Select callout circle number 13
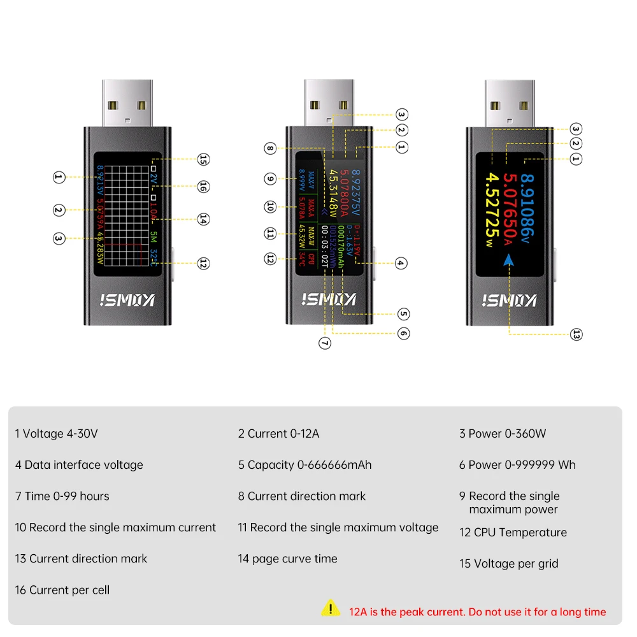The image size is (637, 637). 576,334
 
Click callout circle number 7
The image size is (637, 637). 325,343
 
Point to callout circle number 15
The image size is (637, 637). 203,159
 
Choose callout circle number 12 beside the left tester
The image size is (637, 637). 203,263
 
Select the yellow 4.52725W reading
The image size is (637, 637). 491,210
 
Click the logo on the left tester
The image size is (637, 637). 127,300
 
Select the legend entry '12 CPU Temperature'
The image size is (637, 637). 513,533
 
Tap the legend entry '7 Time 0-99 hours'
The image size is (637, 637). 62,496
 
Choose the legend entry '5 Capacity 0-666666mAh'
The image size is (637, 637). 304,465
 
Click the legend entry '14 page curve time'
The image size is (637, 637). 287,559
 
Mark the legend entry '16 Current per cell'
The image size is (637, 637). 62,590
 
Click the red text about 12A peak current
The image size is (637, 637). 477,612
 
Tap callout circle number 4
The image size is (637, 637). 401,262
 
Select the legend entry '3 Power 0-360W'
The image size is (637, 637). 503,434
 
